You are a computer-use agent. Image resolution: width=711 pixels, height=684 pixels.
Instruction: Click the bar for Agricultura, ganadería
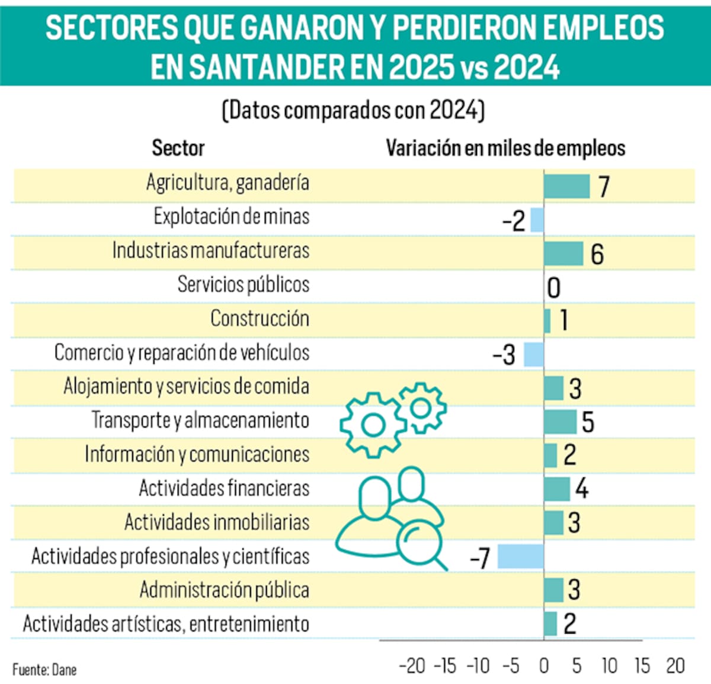tap(566, 186)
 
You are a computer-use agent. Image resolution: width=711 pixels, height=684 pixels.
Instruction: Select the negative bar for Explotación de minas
tap(537, 220)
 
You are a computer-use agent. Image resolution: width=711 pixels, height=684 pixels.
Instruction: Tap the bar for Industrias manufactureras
tap(563, 253)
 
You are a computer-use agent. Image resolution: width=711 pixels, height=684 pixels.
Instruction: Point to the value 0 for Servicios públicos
tap(553, 288)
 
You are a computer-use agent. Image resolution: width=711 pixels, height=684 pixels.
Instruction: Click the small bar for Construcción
tap(547, 321)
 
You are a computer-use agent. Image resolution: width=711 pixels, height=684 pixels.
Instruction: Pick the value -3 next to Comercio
tap(504, 355)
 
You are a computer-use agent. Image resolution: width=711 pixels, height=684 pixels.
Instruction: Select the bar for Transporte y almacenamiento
tap(560, 422)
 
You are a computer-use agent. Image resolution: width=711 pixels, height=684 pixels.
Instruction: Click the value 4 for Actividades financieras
tap(582, 489)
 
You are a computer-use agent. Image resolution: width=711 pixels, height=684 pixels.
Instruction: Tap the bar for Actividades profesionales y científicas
tap(520, 557)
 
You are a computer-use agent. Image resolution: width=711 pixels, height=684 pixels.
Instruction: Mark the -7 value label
tap(480, 558)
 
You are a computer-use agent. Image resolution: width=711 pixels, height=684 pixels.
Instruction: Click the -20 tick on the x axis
tap(412, 666)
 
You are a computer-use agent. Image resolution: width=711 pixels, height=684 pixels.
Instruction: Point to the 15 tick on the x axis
tap(642, 666)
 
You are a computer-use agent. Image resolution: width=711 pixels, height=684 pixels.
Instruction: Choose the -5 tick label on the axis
tap(511, 666)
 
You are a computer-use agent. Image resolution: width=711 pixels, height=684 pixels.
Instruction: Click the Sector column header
tap(178, 148)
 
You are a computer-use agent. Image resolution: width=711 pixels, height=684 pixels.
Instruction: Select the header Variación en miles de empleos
tap(505, 148)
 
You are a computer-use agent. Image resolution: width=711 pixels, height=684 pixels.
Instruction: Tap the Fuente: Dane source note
tap(44, 670)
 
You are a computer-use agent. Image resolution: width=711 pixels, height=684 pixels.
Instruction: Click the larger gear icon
tap(373, 424)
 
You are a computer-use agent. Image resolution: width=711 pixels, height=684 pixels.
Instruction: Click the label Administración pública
tap(224, 590)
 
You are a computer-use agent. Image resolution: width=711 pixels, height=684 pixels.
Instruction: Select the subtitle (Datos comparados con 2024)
tap(354, 111)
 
